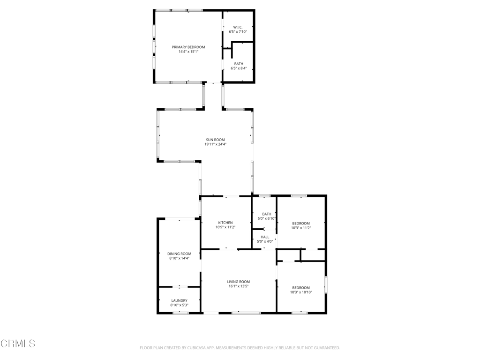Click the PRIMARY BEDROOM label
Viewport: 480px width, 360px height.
(x=188, y=47)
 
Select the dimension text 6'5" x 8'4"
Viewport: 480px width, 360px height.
(x=239, y=68)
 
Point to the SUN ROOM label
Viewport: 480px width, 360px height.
(x=215, y=140)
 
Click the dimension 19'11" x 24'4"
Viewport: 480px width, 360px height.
(x=215, y=144)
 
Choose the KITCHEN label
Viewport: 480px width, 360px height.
(x=225, y=223)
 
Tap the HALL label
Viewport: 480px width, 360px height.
(x=265, y=237)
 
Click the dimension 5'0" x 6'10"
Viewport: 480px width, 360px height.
(x=266, y=218)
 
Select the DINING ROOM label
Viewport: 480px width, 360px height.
(x=179, y=254)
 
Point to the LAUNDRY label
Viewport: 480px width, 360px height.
(x=179, y=300)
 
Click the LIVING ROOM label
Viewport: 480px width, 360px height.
(x=239, y=281)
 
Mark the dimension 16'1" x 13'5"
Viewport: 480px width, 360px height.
(x=239, y=286)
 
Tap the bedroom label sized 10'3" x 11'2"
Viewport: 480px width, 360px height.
(x=301, y=223)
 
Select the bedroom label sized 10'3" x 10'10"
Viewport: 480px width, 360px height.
(x=301, y=287)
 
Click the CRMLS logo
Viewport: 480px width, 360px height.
(x=18, y=344)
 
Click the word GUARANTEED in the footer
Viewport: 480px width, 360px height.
(x=324, y=348)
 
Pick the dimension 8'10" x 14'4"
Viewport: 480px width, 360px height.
(x=179, y=258)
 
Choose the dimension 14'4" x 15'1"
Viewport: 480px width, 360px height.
(x=188, y=52)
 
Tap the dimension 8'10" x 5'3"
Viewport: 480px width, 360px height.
(x=179, y=305)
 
